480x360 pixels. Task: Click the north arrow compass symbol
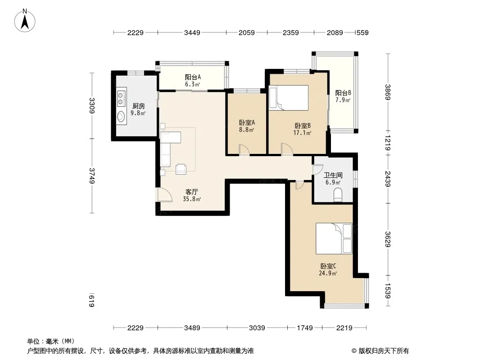click(x=25, y=21)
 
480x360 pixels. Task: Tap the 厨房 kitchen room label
click(x=138, y=106)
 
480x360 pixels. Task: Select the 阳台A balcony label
click(x=193, y=77)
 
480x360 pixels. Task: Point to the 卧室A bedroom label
click(x=247, y=123)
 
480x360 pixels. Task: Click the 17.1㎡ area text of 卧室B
click(x=302, y=133)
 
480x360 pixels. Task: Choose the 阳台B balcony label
click(x=343, y=93)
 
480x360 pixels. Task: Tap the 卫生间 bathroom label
click(x=333, y=175)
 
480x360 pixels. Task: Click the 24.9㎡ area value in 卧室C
click(x=328, y=274)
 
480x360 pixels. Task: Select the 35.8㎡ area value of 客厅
click(x=192, y=199)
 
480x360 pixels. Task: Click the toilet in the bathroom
click(x=338, y=195)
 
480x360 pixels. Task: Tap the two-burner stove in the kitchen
click(x=122, y=98)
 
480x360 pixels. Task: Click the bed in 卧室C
click(x=334, y=238)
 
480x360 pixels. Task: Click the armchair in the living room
click(x=181, y=169)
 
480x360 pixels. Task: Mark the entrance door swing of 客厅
click(x=164, y=195)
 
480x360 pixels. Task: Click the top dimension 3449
click(x=192, y=32)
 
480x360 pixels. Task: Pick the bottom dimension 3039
click(x=257, y=328)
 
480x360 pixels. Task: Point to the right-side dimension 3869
click(x=388, y=92)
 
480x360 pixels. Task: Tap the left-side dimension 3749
click(x=91, y=176)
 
